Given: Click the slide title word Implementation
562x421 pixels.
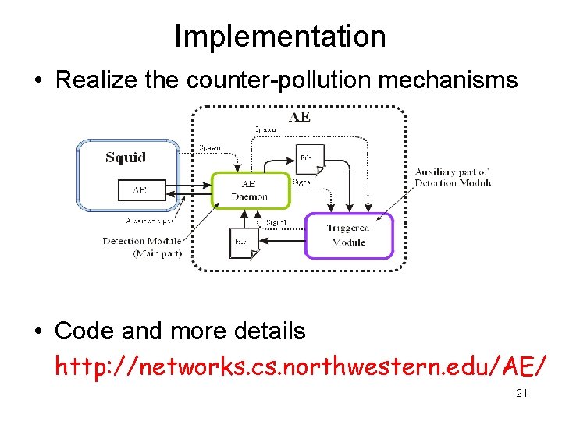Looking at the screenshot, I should coord(279,37).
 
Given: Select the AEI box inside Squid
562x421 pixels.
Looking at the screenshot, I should coord(141,189).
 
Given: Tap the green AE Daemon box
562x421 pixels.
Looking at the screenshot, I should coord(250,190).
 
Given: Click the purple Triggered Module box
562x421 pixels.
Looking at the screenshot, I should coord(348,235).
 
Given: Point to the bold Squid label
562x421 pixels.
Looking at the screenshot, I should coord(126,157).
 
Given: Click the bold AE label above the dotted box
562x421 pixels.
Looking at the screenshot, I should coord(300,118).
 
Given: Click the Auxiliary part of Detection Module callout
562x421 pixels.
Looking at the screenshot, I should coord(453,178).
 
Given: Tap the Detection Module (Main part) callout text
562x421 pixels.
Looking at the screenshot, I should coord(142,247).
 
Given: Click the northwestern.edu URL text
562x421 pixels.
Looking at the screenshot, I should coord(301,365).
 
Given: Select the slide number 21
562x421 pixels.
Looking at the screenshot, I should coord(521,394).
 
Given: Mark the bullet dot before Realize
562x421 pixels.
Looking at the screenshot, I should coord(38,80).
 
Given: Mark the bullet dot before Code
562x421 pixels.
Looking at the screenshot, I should coord(38,331).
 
